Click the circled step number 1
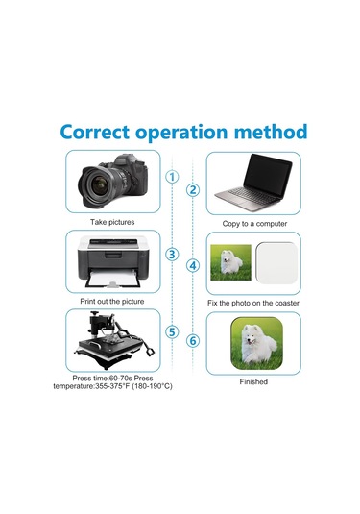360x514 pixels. click(x=172, y=177)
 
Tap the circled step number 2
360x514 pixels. click(x=193, y=190)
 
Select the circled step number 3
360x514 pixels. click(x=172, y=255)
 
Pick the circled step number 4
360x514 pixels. click(x=193, y=265)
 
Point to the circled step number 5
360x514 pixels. click(x=172, y=332)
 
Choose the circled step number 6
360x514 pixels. click(x=193, y=341)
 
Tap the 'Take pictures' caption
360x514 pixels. click(x=112, y=222)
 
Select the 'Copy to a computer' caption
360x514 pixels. click(x=254, y=224)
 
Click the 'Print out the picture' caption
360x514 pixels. click(x=112, y=302)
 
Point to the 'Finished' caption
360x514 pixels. click(x=253, y=381)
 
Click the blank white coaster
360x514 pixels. click(x=276, y=263)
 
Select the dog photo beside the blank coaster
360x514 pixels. click(x=230, y=262)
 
